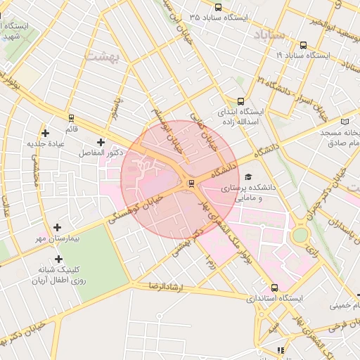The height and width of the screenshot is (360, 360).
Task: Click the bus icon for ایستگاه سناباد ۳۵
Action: coord(218,7)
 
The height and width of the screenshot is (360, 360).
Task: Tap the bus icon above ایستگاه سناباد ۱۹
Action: coord(303,44)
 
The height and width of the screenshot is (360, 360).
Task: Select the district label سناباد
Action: coord(269,34)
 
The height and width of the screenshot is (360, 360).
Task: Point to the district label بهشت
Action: coord(104,54)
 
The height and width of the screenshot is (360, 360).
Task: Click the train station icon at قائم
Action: coord(70,118)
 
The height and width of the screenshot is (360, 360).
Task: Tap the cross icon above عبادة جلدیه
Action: coord(46,133)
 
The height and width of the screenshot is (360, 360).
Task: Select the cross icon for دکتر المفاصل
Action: coord(101,142)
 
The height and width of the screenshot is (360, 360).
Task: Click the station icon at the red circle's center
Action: coord(191,184)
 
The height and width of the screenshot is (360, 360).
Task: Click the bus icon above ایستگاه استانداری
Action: coord(274,288)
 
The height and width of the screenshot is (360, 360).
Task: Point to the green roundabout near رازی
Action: coord(300,235)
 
